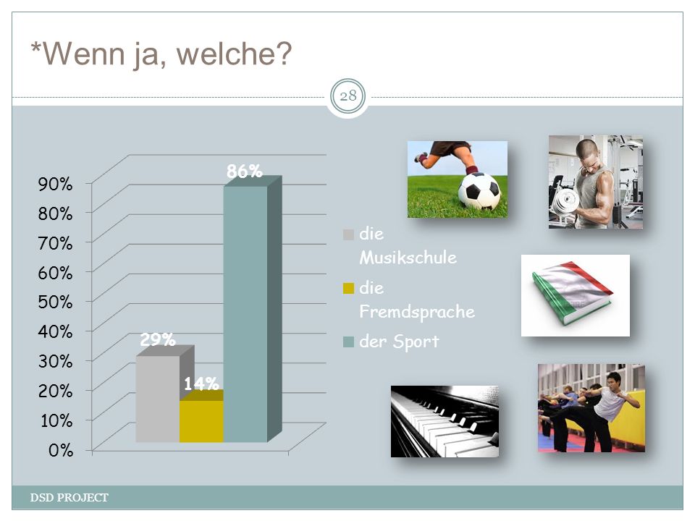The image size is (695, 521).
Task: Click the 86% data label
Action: [x=244, y=171]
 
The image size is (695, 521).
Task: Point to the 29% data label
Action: [x=158, y=340]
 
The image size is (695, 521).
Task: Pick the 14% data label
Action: [x=201, y=384]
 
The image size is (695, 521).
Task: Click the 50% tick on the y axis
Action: [x=55, y=302]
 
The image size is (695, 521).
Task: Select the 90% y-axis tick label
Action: [x=55, y=184]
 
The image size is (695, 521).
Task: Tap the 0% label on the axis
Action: [x=61, y=450]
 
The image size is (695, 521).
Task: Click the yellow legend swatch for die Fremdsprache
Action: [x=348, y=289]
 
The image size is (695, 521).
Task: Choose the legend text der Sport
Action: [x=399, y=342]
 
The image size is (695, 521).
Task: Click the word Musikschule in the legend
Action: [x=408, y=258]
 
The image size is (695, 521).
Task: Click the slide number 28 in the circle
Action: [x=348, y=96]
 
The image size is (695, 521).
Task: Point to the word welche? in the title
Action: [x=234, y=54]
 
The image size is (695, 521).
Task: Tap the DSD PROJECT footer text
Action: [x=69, y=498]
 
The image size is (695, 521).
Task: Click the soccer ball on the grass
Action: [x=479, y=191]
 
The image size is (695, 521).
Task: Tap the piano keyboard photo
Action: [x=445, y=421]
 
